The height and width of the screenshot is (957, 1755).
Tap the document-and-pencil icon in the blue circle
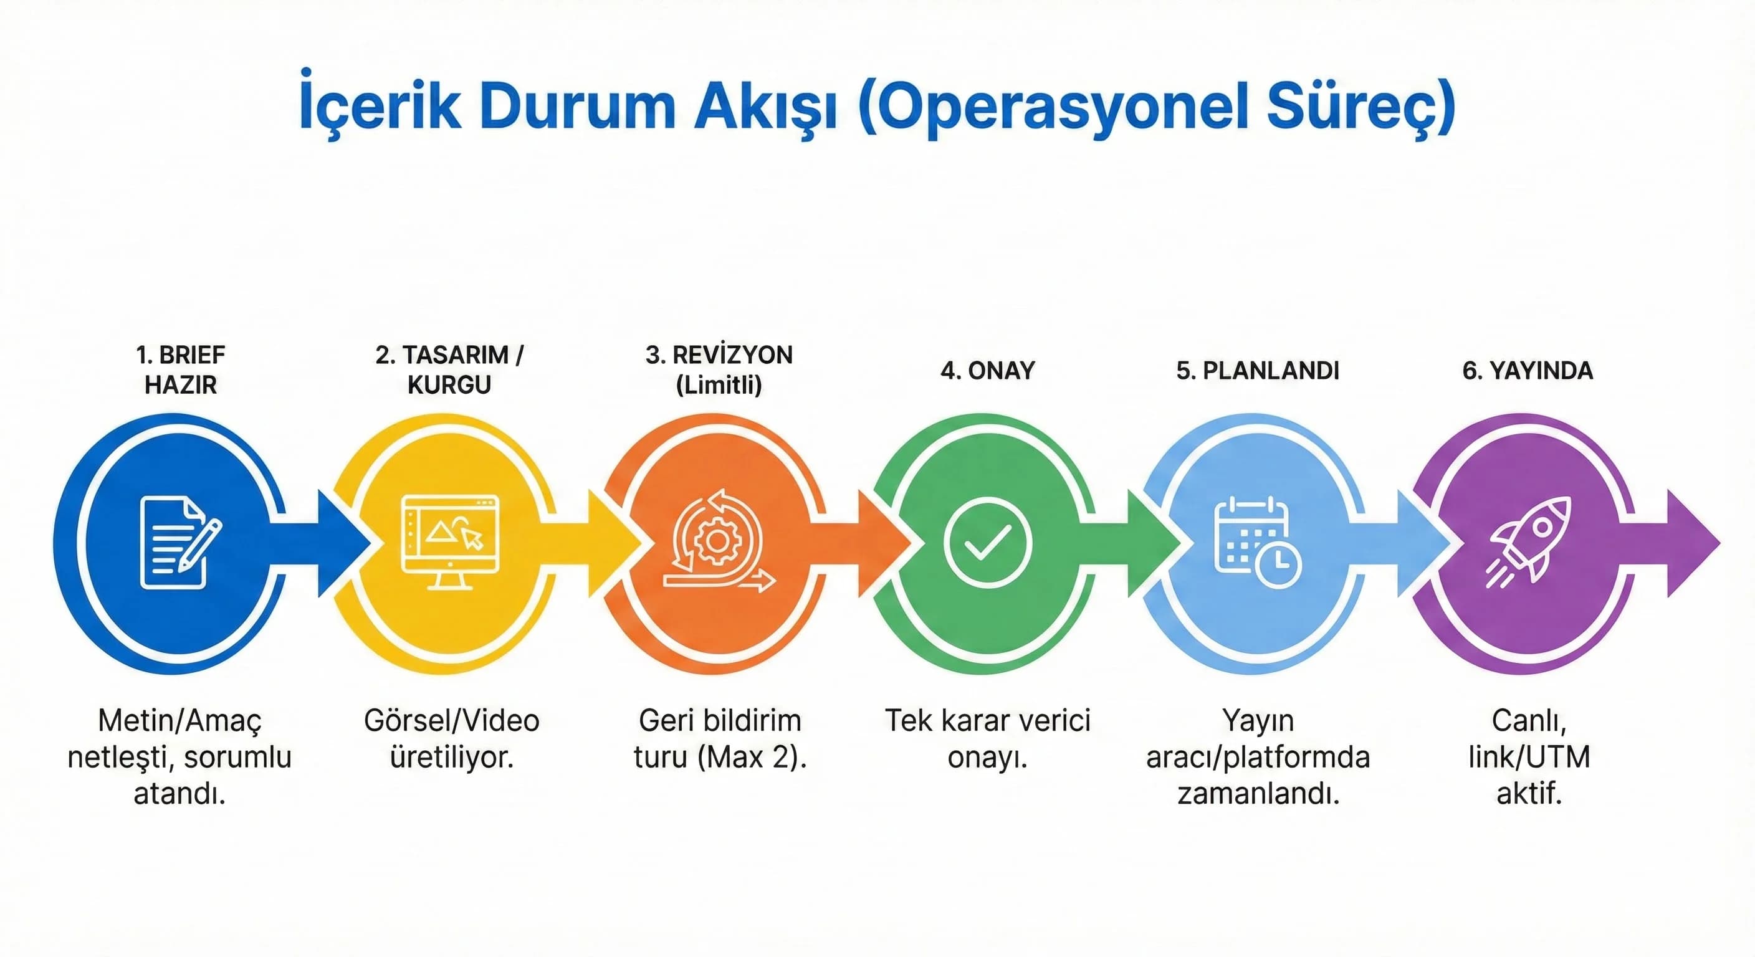pyautogui.click(x=178, y=543)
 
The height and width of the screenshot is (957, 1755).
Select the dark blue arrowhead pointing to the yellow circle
pyautogui.click(x=344, y=543)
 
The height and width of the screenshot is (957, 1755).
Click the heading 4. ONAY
pyautogui.click(x=987, y=371)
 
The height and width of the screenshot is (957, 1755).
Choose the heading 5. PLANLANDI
pyautogui.click(x=1258, y=371)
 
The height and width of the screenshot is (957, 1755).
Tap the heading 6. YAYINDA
pyautogui.click(x=1528, y=371)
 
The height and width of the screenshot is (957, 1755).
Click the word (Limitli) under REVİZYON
pyautogui.click(x=719, y=386)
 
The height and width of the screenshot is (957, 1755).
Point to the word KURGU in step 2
pyautogui.click(x=449, y=386)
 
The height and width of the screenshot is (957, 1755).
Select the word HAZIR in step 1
pyautogui.click(x=181, y=386)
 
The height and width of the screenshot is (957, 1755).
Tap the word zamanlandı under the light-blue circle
pyautogui.click(x=1258, y=794)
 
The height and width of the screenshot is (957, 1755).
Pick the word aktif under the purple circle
pyautogui.click(x=1529, y=794)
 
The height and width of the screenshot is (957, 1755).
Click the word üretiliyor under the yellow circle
pyautogui.click(x=451, y=758)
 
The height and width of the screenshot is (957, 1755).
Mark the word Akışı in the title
pyautogui.click(x=765, y=107)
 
